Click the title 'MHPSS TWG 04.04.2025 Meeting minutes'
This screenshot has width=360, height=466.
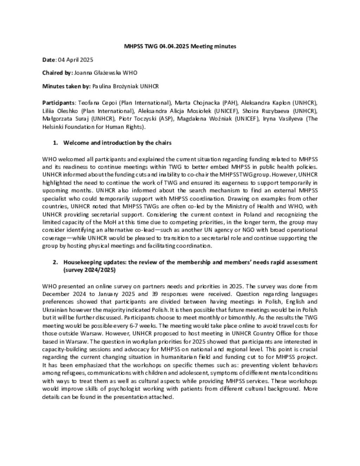click(180, 46)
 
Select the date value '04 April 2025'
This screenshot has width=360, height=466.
click(75, 60)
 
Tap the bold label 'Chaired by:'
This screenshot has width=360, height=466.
click(57, 73)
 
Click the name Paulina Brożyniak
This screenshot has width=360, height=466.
click(115, 86)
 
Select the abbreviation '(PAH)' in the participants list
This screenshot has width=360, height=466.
click(230, 103)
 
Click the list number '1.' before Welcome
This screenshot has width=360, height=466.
click(56, 143)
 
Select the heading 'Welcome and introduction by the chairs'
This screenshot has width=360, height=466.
click(117, 143)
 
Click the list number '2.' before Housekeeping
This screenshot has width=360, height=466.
click(56, 262)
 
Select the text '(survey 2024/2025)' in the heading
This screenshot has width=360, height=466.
click(89, 270)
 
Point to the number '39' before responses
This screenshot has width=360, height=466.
click(155, 294)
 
